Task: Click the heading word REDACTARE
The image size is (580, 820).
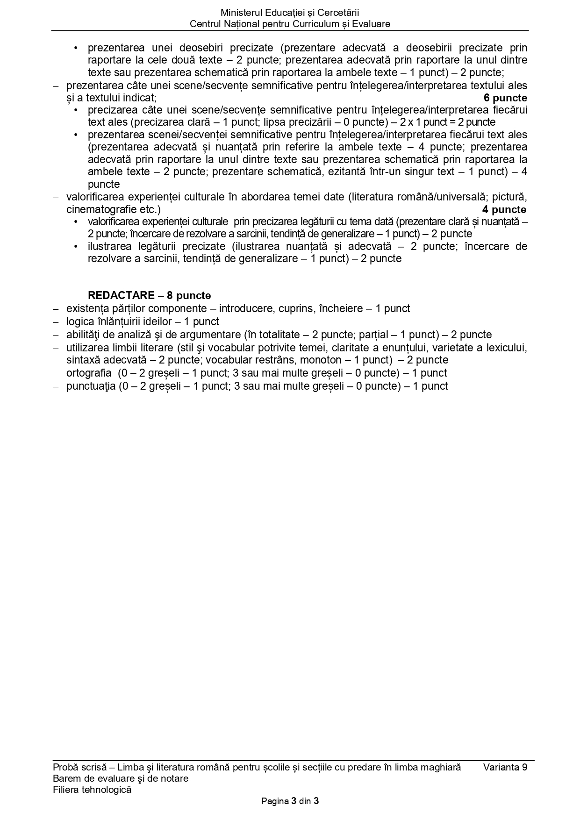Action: (121, 295)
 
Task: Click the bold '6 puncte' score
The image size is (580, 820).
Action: (505, 98)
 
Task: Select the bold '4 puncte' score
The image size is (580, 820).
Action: (504, 209)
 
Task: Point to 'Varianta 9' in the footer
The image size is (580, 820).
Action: (505, 767)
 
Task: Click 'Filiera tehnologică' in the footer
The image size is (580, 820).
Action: (92, 790)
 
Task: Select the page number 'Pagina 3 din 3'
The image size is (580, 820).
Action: (290, 801)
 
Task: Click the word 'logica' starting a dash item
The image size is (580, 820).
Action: (80, 321)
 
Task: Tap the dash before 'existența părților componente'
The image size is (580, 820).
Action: (56, 309)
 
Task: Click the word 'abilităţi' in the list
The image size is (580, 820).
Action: (86, 335)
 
